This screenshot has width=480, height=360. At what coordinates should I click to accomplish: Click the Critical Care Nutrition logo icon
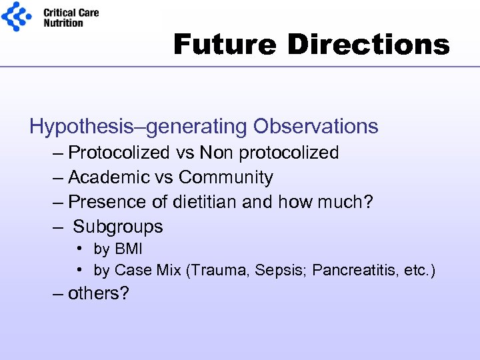pos(16,17)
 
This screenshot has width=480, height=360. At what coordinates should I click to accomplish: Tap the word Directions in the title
pos(369,45)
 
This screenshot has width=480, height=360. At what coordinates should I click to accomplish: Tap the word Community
pos(226,177)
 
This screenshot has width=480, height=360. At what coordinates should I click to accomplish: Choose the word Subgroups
pos(118,227)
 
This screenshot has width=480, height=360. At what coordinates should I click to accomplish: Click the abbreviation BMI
pos(128,249)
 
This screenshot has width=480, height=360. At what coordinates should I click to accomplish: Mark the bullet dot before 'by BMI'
pos(79,249)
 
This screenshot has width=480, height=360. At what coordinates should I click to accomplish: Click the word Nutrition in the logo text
pos(63,23)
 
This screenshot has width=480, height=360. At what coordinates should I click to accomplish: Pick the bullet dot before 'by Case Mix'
pos(79,270)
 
